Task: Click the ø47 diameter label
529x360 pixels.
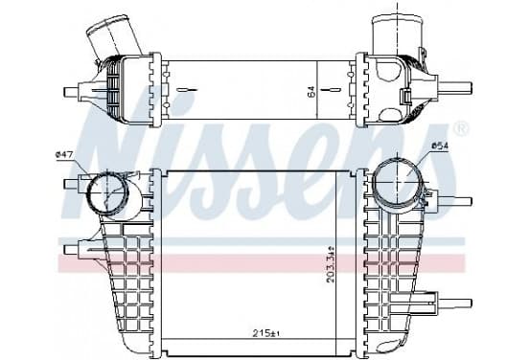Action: pyautogui.click(x=63, y=155)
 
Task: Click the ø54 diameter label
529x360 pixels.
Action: pyautogui.click(x=439, y=146)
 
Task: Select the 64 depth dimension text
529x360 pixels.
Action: pyautogui.click(x=311, y=92)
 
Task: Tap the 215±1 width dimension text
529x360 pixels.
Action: pyautogui.click(x=266, y=334)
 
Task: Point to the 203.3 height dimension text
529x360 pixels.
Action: pyautogui.click(x=332, y=264)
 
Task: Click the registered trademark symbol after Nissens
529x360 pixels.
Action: pyautogui.click(x=461, y=128)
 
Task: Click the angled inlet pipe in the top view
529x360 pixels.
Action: pyautogui.click(x=114, y=35)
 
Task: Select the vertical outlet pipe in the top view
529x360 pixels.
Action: pyautogui.click(x=398, y=34)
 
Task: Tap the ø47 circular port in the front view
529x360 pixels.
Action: pyautogui.click(x=107, y=192)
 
